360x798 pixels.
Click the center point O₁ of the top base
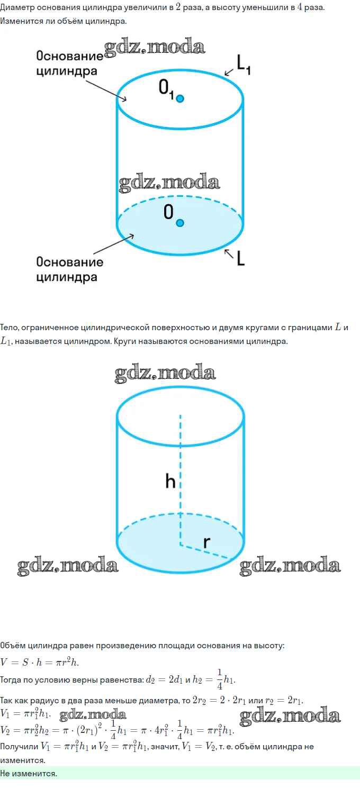(180, 98)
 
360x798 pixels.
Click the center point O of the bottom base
(180, 223)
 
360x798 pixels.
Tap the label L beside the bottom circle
(241, 258)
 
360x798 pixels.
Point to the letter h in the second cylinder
(170, 482)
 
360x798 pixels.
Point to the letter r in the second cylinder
(207, 542)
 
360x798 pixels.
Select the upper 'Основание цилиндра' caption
(69, 63)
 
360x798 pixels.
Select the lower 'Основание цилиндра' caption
(69, 269)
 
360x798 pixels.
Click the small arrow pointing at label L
(228, 253)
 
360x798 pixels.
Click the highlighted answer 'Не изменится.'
(29, 773)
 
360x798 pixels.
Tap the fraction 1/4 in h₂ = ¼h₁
(220, 679)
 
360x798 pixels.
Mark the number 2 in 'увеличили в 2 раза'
(178, 8)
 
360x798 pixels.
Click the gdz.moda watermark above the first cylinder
(154, 48)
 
